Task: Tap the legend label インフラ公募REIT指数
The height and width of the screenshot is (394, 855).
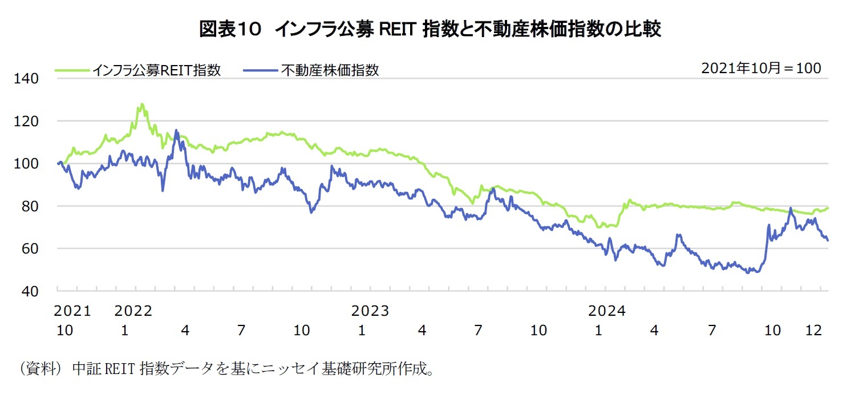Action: [x=157, y=70]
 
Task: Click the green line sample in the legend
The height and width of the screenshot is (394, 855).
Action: [x=72, y=70]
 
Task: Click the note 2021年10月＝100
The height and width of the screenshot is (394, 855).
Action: [x=761, y=68]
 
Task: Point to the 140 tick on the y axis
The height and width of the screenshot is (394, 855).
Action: [x=27, y=79]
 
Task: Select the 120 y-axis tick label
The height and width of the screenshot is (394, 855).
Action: [x=27, y=121]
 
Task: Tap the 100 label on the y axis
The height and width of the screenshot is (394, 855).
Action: [x=27, y=164]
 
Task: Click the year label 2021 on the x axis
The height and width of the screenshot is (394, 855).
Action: [x=72, y=311]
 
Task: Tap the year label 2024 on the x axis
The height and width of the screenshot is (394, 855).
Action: [x=607, y=311]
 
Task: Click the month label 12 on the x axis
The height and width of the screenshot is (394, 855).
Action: [x=813, y=330]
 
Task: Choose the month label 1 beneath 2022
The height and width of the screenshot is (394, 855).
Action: [x=124, y=330]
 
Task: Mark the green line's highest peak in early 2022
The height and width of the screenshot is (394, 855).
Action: [x=141, y=104]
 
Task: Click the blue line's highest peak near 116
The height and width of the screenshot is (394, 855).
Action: [x=176, y=131]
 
